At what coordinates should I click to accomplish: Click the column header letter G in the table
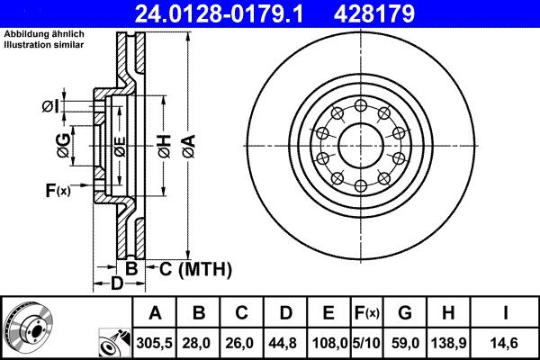click(403, 313)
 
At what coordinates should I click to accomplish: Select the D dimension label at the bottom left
click(116, 285)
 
